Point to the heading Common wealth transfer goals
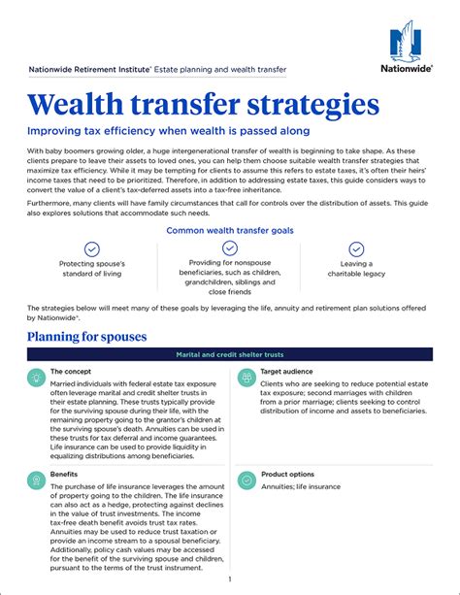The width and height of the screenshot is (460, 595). click(x=230, y=231)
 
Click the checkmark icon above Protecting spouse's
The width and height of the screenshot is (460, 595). click(x=92, y=249)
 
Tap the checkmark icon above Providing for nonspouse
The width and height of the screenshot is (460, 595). click(x=230, y=248)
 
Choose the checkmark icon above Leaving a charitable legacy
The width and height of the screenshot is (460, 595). click(x=356, y=249)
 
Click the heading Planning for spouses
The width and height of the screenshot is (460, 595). click(x=87, y=336)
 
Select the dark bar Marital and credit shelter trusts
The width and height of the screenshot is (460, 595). click(x=230, y=355)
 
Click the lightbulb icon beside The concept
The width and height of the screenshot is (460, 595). click(x=36, y=376)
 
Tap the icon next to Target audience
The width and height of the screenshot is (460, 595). click(x=246, y=376)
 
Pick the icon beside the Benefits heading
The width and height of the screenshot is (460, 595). click(x=36, y=479)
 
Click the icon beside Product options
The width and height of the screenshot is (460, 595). click(x=246, y=479)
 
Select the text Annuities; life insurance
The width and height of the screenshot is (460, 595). click(x=301, y=486)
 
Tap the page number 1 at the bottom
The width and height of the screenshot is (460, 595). click(x=229, y=579)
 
